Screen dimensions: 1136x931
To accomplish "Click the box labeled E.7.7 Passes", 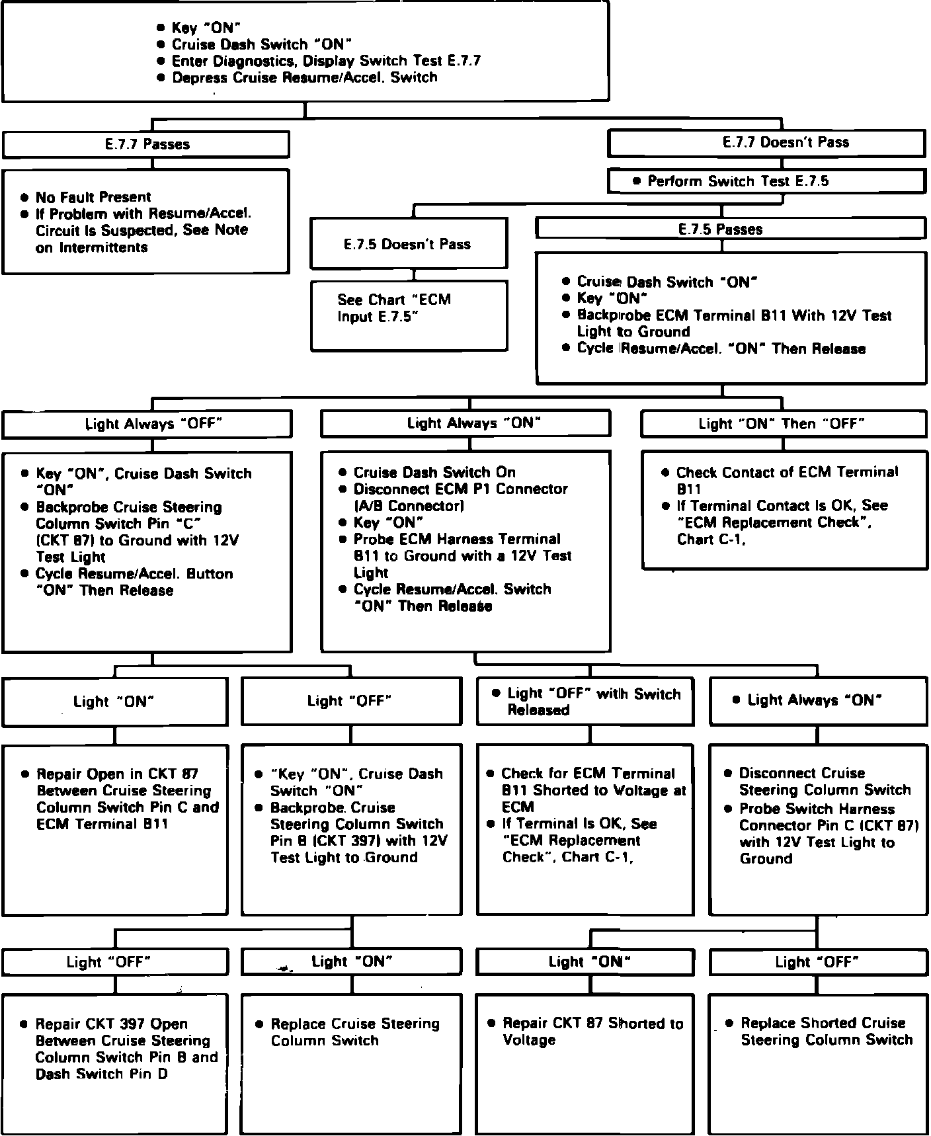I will tap(146, 144).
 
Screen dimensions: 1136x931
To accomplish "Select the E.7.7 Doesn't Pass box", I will tap(766, 143).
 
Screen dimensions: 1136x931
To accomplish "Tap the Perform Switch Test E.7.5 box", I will tap(766, 181).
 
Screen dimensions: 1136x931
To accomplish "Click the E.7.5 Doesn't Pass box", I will tap(409, 244).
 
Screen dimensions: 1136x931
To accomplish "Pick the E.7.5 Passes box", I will tap(730, 229).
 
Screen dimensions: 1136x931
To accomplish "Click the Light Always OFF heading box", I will tap(147, 424).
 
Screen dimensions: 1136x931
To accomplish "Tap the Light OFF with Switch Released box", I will tap(585, 701).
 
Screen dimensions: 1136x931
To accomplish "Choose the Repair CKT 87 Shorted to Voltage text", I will tap(592, 1031).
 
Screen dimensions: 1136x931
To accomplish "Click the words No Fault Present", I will tap(93, 197).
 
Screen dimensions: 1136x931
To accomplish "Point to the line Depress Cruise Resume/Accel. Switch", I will tap(305, 77).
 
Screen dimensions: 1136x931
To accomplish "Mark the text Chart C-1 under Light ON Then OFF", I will tap(711, 539).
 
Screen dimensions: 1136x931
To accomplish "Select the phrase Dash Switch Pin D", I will tap(102, 1074).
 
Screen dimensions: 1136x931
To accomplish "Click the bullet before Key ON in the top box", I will tap(161, 28).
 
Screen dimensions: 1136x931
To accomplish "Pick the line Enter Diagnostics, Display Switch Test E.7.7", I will tap(326, 61).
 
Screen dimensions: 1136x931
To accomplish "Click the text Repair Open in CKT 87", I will tap(117, 774).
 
